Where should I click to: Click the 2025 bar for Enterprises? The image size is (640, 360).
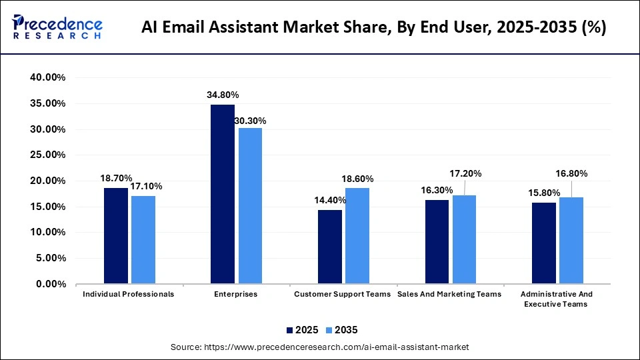(223, 194)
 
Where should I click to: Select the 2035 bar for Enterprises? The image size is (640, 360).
(250, 205)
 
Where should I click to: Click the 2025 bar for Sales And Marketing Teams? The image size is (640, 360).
(437, 241)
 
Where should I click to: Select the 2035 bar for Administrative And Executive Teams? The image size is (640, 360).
(571, 240)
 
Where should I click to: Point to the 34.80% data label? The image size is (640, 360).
(222, 95)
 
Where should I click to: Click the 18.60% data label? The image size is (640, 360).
(357, 179)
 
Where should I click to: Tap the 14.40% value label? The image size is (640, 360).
(330, 200)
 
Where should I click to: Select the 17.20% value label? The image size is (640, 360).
(465, 173)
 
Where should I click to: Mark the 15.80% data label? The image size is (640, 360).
(543, 193)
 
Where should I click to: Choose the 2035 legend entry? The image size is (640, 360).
(342, 330)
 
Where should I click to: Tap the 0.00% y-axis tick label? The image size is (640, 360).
(51, 284)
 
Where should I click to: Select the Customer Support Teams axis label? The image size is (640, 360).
(342, 294)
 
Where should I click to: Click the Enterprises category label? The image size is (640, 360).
(235, 294)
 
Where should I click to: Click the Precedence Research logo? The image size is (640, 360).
(57, 27)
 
